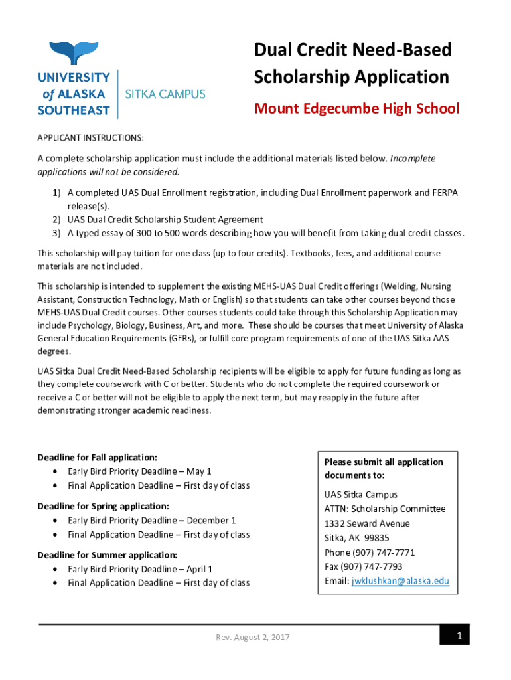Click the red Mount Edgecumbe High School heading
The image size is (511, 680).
pos(357,108)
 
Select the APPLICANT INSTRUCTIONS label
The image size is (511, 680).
pos(90,138)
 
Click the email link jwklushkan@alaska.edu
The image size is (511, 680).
pos(400,581)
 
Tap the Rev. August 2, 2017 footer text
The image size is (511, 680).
pos(253,637)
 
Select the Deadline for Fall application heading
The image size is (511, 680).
pos(97,458)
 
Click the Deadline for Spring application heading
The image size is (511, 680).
pos(103,506)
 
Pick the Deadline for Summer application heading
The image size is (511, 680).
pos(107,554)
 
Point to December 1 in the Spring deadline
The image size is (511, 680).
pos(211,521)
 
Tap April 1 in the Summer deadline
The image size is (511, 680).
pos(200,569)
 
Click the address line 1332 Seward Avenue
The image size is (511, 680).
pos(367,523)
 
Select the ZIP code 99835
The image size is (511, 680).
pos(377,538)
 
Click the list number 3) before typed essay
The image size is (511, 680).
pos(57,233)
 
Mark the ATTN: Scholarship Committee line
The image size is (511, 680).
pos(385,509)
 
